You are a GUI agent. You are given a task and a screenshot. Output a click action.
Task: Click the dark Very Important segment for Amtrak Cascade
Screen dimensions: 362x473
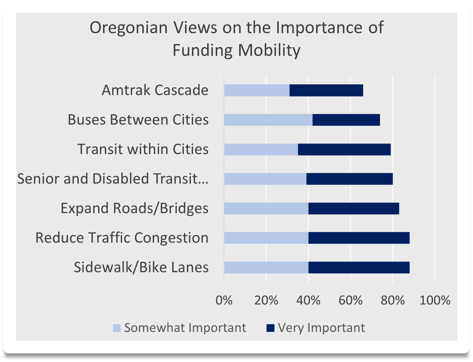(326, 90)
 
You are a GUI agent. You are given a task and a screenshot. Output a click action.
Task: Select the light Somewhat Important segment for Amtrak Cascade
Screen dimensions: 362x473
(257, 90)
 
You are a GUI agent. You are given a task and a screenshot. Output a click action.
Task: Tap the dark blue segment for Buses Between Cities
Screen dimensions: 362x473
(346, 120)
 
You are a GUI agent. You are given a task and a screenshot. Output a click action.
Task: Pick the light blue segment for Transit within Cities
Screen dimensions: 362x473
(261, 149)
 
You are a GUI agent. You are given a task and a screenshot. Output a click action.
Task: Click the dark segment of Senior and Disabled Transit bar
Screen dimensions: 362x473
(349, 179)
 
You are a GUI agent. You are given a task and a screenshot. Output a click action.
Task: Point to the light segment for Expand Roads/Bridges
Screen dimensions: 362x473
(266, 208)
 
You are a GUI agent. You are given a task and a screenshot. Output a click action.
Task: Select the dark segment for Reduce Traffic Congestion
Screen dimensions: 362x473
(359, 238)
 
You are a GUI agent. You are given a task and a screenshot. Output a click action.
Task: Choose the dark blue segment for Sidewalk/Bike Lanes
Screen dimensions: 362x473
(359, 267)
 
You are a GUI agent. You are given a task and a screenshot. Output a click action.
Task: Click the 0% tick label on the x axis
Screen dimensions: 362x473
(224, 300)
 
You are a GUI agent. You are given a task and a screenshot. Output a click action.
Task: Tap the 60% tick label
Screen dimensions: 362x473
(350, 300)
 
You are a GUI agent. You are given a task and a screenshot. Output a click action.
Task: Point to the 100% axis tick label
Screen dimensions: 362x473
(435, 300)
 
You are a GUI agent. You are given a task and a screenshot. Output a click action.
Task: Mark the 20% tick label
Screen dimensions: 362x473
(266, 300)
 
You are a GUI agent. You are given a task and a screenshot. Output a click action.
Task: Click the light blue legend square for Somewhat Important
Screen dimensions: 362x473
(117, 328)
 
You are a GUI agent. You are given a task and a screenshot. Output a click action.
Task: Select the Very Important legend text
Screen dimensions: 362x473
(321, 328)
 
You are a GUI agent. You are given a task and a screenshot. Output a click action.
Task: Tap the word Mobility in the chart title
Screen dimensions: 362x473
(269, 50)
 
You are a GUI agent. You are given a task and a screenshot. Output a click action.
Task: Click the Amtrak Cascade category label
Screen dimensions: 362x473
(155, 90)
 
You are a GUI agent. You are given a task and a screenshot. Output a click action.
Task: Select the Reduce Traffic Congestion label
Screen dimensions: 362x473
(122, 238)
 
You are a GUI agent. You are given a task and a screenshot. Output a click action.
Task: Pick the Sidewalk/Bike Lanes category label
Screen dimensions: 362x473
(141, 267)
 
